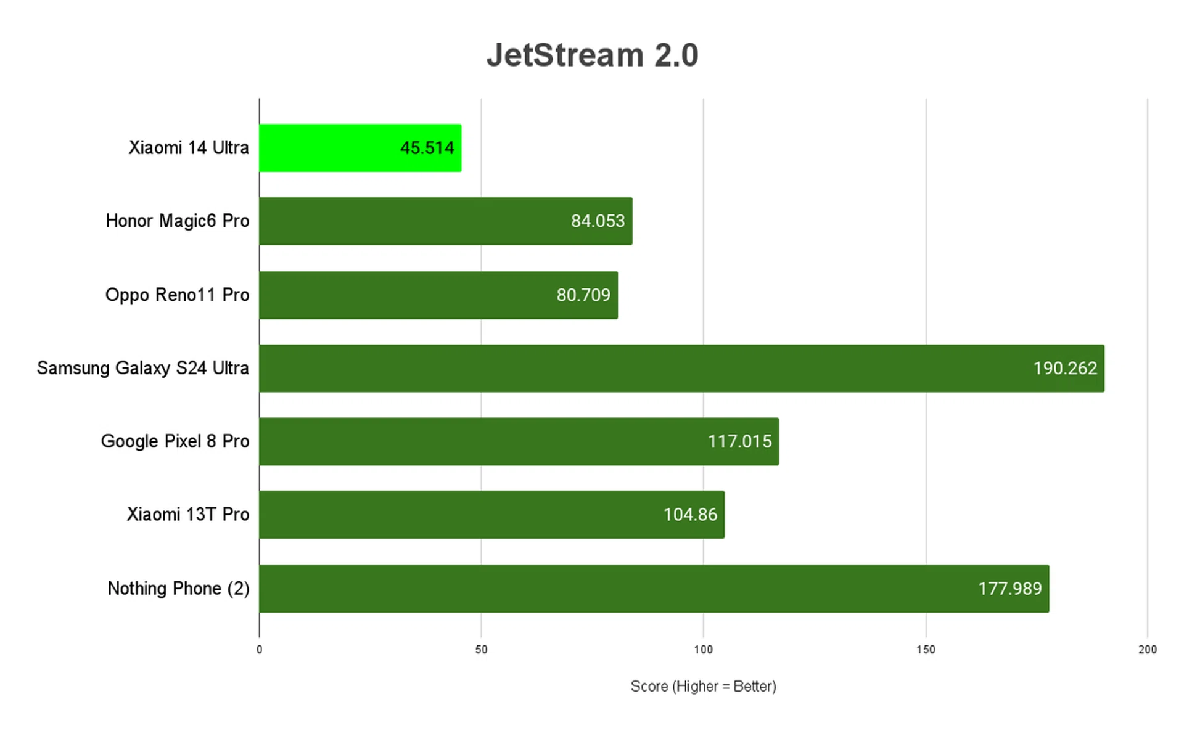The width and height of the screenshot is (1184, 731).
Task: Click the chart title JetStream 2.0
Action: (592, 55)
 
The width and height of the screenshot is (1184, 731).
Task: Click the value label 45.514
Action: (427, 148)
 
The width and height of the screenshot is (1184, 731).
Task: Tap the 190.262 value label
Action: (1065, 369)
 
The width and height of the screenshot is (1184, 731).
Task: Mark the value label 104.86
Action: (690, 515)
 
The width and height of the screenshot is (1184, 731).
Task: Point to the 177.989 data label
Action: (1009, 589)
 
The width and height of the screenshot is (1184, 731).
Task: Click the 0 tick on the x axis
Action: (259, 650)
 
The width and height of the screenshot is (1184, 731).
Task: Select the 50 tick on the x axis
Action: (481, 650)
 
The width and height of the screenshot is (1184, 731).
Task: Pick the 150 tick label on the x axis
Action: (925, 650)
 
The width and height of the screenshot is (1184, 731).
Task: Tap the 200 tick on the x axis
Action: (1147, 650)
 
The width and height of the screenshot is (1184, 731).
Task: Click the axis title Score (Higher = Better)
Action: (703, 686)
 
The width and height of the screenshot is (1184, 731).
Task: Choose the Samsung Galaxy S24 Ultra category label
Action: (143, 369)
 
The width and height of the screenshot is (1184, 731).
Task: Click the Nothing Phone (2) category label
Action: (178, 589)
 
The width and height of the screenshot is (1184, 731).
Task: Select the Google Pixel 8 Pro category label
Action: (175, 441)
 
